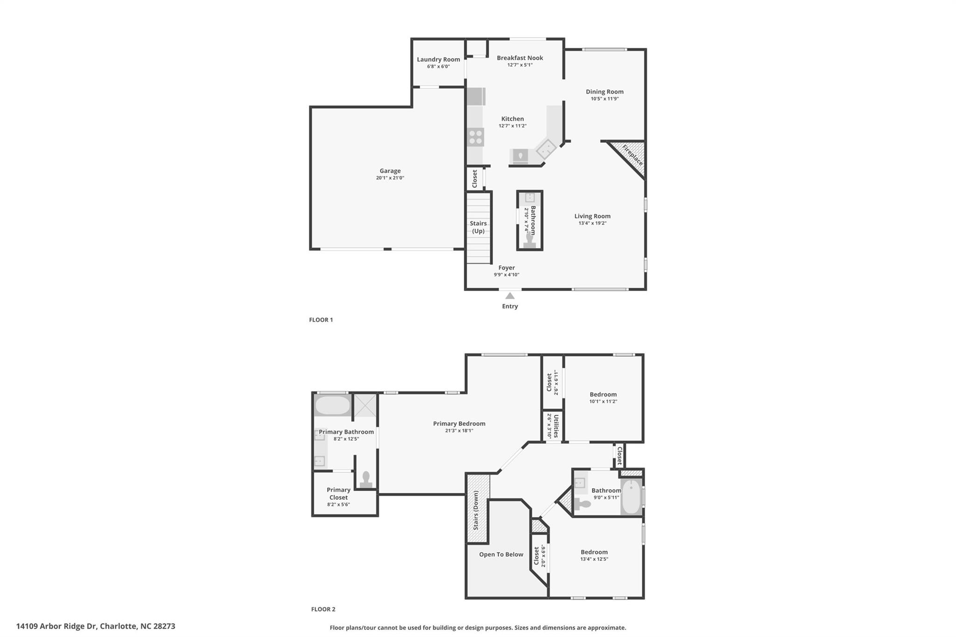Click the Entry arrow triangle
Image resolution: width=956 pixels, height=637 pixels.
pos(510,296)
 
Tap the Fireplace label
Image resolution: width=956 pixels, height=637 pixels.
pos(633,155)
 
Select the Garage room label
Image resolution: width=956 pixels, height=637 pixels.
pos(390,171)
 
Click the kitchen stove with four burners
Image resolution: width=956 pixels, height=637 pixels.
pos(476,137)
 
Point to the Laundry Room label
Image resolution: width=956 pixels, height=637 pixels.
pos(438,59)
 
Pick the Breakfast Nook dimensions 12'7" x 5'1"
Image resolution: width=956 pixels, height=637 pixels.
pos(520,65)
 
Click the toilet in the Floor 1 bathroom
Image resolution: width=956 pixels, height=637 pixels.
pos(530,239)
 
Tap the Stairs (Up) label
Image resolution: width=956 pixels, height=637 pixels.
pos(478,227)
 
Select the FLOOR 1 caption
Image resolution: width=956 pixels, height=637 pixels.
pos(321,320)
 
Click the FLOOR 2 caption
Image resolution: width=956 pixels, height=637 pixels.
pos(323,609)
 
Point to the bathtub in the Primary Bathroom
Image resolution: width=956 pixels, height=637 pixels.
pos(332,406)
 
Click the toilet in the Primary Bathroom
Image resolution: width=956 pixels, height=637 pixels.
pos(366,479)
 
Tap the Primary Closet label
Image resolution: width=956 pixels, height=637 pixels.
pos(338,493)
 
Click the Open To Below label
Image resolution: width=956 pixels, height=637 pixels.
pos(501,554)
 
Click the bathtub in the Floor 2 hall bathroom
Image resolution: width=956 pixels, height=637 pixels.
pos(631,497)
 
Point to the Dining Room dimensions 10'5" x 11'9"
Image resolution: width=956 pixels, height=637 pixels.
pos(605,99)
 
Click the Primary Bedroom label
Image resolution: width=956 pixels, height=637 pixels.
pos(459,424)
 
